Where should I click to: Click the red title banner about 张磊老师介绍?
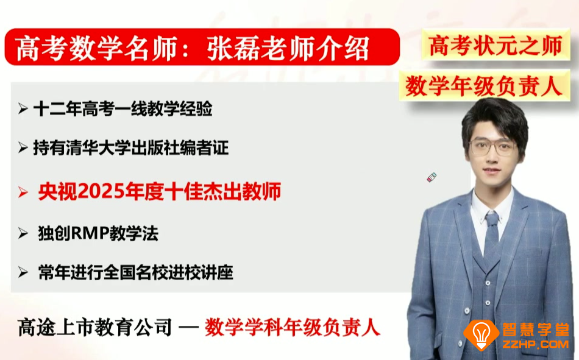201,48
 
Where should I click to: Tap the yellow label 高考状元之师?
495,46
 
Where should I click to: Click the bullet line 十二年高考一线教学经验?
123,109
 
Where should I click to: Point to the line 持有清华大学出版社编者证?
130,147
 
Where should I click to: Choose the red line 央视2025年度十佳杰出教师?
158,192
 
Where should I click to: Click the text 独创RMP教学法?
98,233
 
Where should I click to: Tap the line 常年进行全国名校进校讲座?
135,272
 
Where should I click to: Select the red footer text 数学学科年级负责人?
293,328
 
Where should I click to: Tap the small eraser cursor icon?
432,178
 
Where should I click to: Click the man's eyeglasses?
493,146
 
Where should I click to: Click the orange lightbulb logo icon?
481,334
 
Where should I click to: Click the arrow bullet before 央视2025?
23,192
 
